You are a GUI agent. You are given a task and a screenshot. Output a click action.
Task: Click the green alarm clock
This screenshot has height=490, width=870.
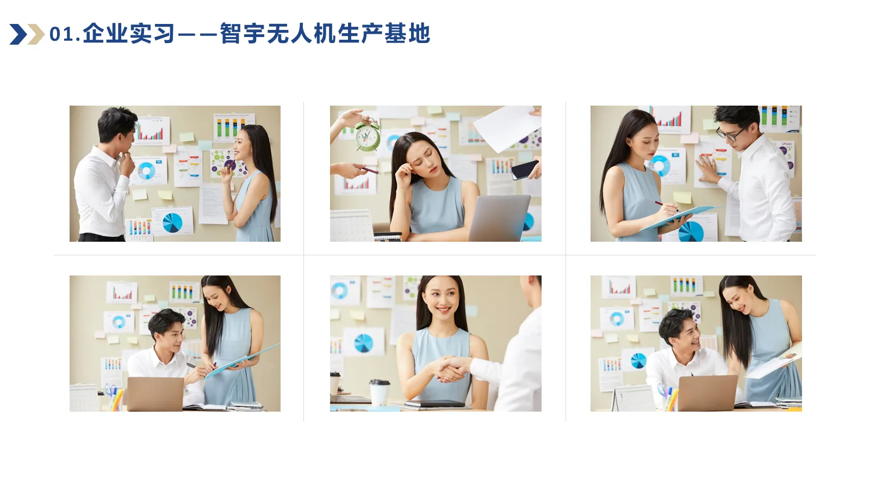coord(367,136)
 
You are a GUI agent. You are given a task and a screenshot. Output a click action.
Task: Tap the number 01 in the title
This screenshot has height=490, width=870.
coord(61,34)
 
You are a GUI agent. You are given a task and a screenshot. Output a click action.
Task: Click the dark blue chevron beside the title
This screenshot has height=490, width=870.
coord(18,34)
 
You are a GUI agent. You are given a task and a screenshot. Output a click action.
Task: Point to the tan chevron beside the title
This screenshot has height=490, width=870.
coord(36,34)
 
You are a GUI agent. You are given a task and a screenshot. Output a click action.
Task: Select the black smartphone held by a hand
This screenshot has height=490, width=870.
coord(524,169)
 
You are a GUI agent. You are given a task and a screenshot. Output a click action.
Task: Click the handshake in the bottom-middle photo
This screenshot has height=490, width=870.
coord(451,369)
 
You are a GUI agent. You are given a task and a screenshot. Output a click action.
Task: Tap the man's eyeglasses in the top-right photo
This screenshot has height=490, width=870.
coord(730,133)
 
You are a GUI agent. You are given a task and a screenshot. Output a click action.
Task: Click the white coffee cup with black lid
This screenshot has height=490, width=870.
coord(379,392)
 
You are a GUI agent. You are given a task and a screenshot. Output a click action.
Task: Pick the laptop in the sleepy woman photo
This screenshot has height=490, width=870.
coord(499,218)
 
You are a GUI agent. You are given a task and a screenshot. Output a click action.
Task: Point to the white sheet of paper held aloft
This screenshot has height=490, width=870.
coord(506,128)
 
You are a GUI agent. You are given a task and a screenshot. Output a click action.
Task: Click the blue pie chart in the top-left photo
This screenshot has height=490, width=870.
coord(172,222)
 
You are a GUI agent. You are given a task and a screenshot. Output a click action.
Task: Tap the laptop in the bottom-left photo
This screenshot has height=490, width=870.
coord(156,394)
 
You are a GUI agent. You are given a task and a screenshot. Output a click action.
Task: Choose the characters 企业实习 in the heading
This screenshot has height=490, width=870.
coord(129,34)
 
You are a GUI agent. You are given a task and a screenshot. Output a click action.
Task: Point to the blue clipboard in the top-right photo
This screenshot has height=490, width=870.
coord(680,216)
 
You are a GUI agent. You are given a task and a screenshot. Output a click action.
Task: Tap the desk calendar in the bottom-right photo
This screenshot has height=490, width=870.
coord(632,399)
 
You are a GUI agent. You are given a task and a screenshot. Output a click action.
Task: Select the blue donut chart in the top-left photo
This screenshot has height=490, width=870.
coord(145,171)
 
